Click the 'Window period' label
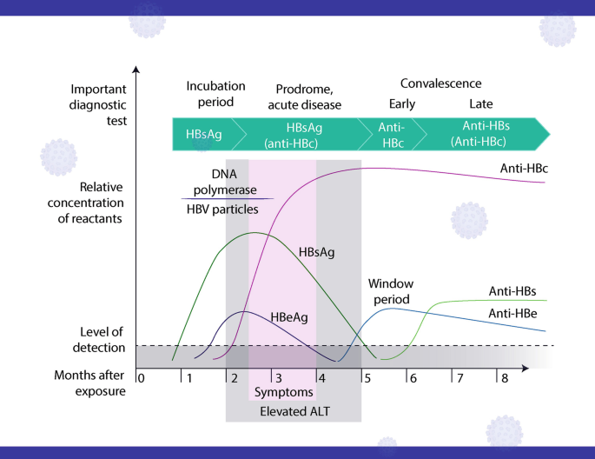coord(391,291)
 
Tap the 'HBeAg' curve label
coord(289,317)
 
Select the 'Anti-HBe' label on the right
coord(512,314)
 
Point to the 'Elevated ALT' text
coord(294,411)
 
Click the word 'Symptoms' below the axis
coord(284,392)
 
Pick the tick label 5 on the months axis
coord(367,378)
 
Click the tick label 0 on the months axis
coord(142,378)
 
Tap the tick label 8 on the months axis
coord(505,378)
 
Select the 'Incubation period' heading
coord(215,94)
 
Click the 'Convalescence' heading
coord(441,83)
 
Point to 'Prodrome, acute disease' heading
coord(304,96)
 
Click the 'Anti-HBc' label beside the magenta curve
coord(524,168)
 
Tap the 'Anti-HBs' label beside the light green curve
coord(512,291)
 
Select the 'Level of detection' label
coord(99,340)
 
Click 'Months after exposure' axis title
coord(90,383)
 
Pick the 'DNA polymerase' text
coord(225,182)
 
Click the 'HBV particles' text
coord(222,210)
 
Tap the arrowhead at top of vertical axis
coord(136,69)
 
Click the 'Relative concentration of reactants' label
coord(85,203)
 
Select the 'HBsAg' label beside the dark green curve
coord(316,252)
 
